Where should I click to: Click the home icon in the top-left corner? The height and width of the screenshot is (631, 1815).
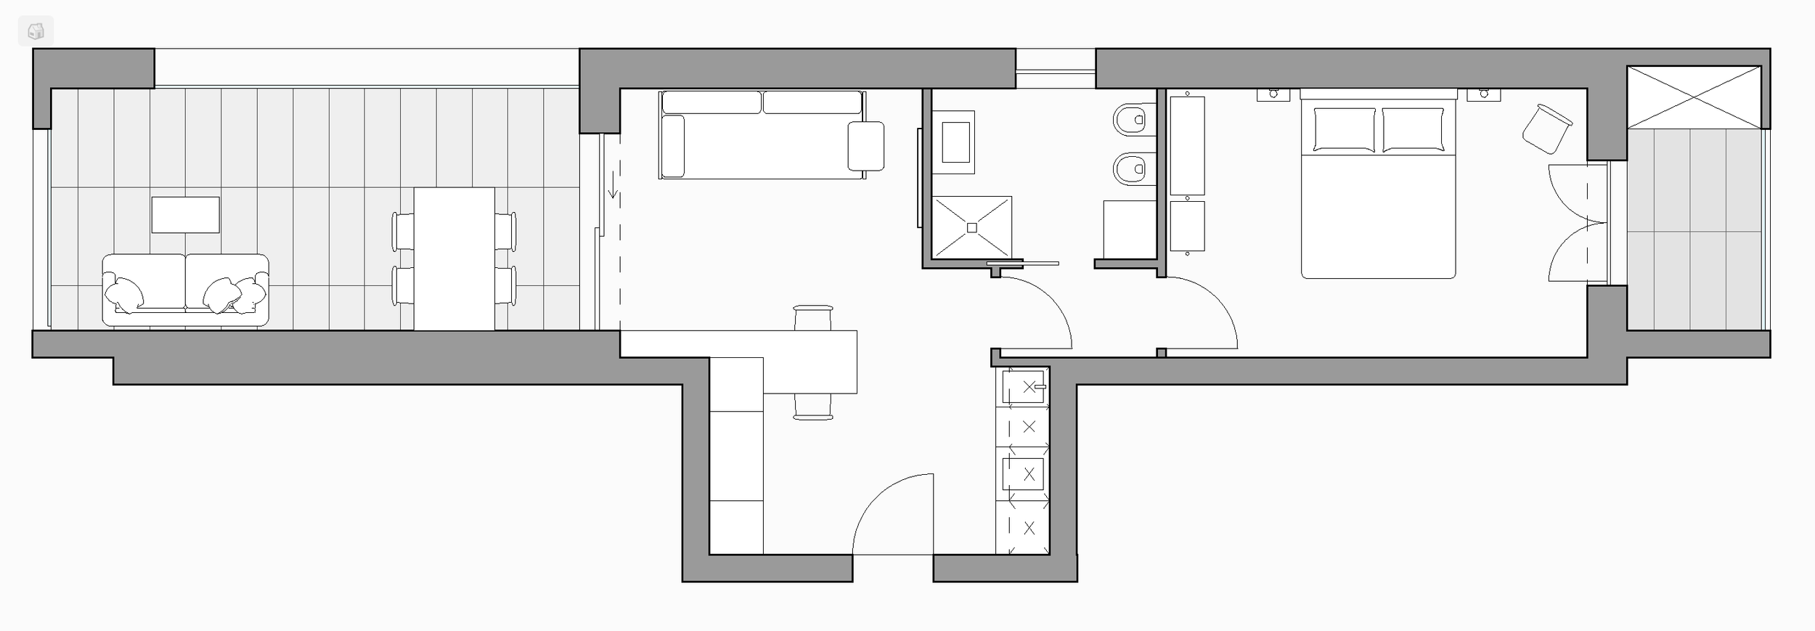coord(36,31)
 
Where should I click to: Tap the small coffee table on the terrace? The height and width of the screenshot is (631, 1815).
coord(185,215)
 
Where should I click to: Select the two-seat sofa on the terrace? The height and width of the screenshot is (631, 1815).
coord(185,289)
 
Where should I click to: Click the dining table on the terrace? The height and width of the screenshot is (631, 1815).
coord(454,258)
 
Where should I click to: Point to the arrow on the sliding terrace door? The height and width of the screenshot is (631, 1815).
coord(613,184)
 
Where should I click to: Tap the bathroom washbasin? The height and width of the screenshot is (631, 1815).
coord(955,142)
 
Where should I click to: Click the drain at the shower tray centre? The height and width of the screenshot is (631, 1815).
coord(971,227)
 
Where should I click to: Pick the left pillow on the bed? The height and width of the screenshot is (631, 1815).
coord(1344,129)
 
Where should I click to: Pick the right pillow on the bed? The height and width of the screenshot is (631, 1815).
coord(1412,129)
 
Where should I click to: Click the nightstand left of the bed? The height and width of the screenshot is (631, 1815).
coord(1273,94)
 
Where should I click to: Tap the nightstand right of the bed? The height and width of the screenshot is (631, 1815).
coord(1483,94)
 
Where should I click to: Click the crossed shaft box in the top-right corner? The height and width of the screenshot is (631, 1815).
coord(1694,97)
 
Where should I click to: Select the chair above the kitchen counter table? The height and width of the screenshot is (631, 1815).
coord(813,318)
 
